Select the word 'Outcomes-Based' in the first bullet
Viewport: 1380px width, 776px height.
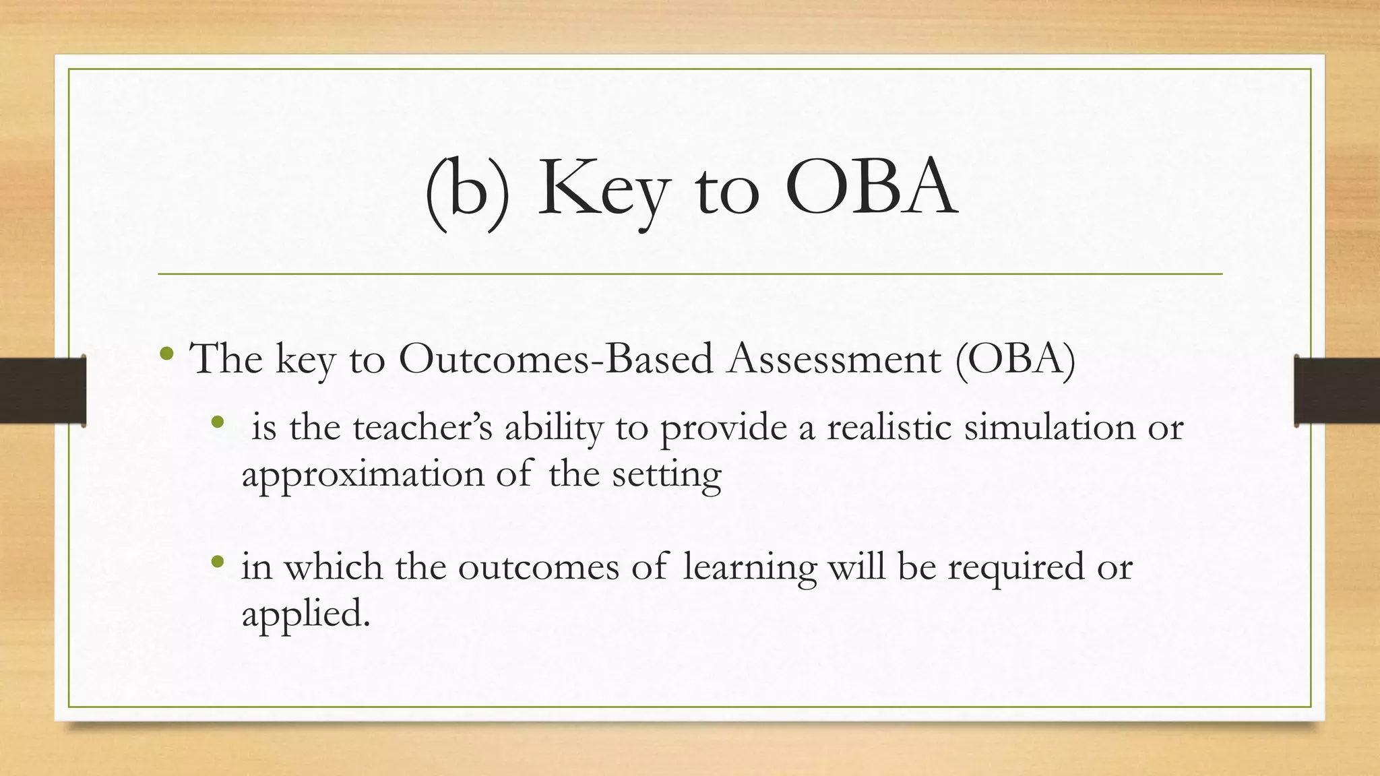click(x=555, y=358)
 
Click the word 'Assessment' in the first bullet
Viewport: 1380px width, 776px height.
click(x=834, y=358)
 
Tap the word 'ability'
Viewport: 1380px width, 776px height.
click(x=553, y=428)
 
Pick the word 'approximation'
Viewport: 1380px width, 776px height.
click(x=363, y=474)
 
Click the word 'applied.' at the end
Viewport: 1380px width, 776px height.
click(x=306, y=614)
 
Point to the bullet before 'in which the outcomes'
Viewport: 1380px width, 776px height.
click(x=216, y=560)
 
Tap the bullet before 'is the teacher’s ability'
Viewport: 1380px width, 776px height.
click(x=216, y=422)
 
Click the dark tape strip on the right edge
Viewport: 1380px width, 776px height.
click(x=1338, y=391)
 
